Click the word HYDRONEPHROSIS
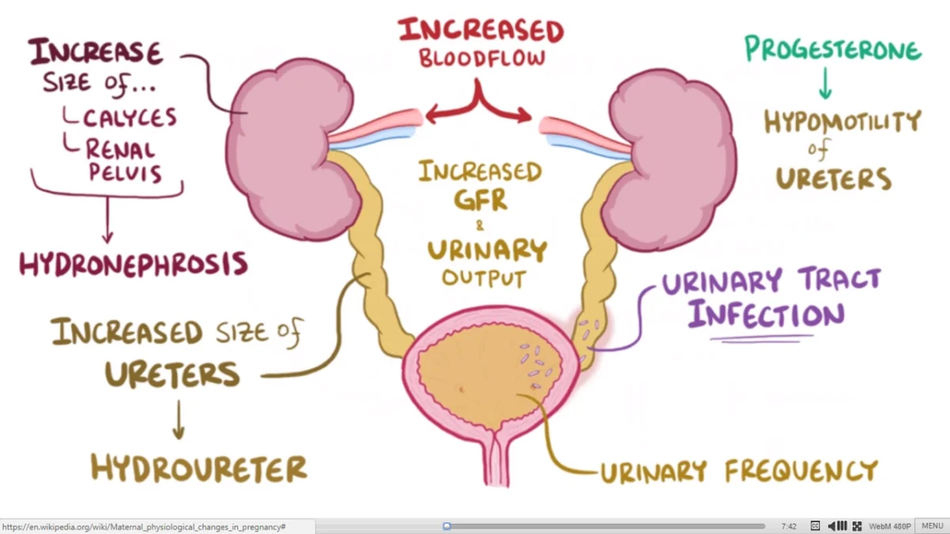pos(134,264)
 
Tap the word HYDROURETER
pos(199,468)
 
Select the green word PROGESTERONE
pos(833,49)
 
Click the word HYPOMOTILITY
pos(842,122)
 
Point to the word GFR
pos(481,199)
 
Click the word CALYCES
pos(130,118)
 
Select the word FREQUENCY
pos(801,471)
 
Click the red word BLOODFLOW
pos(482,59)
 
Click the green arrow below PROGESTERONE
pos(825,83)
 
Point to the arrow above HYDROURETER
pos(179,419)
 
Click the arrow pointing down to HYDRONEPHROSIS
pos(108,220)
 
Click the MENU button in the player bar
pos(933,526)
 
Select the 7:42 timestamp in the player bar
pos(788,526)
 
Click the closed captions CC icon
pos(815,526)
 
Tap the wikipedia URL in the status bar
pos(144,527)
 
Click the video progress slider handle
pos(446,526)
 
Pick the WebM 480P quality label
pos(889,526)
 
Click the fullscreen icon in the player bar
pos(857,526)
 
